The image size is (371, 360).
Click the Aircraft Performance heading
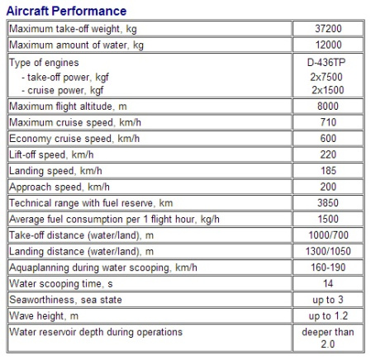click(67, 11)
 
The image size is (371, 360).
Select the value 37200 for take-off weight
click(328, 28)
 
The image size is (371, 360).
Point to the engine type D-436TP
click(328, 62)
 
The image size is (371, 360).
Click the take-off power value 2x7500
click(328, 76)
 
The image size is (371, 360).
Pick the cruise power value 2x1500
click(328, 89)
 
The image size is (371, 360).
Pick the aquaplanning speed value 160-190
click(328, 267)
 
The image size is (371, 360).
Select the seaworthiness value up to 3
click(328, 299)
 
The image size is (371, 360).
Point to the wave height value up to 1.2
click(328, 315)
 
